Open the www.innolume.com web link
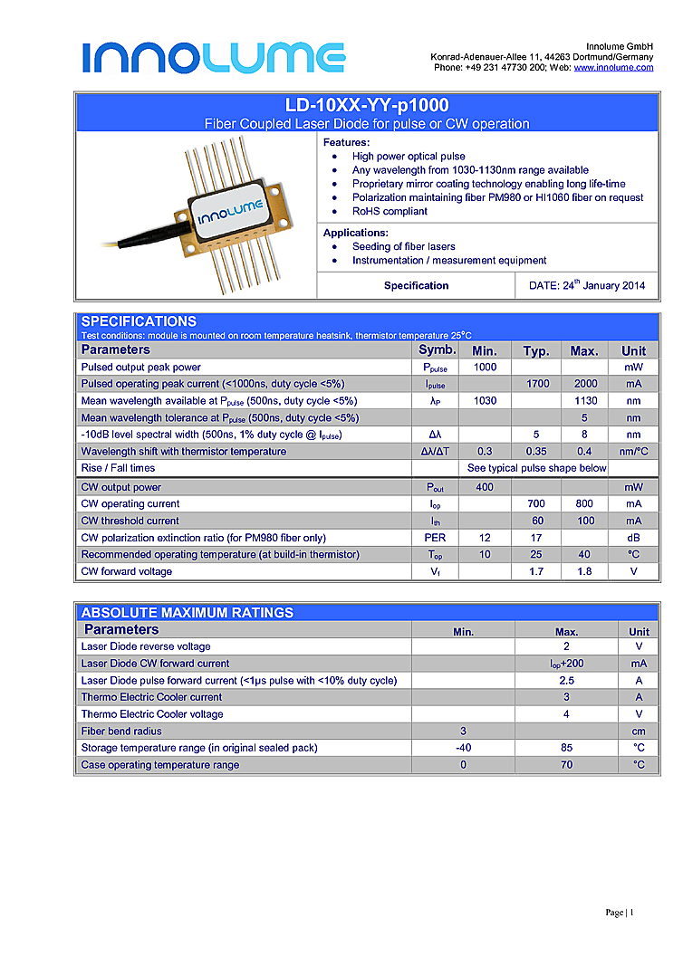(613, 68)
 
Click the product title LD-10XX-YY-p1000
(366, 106)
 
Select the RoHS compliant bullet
(390, 211)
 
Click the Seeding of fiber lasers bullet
(403, 246)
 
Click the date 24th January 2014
(586, 285)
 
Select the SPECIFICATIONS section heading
(139, 321)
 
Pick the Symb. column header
(437, 350)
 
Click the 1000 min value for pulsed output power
(485, 368)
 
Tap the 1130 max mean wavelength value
(585, 401)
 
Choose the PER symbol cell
(435, 538)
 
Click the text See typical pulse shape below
(536, 468)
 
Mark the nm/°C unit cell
(633, 452)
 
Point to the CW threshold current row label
(130, 521)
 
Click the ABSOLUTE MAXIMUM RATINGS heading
(188, 613)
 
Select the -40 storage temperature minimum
(463, 748)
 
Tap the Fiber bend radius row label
(121, 731)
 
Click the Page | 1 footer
(620, 913)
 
